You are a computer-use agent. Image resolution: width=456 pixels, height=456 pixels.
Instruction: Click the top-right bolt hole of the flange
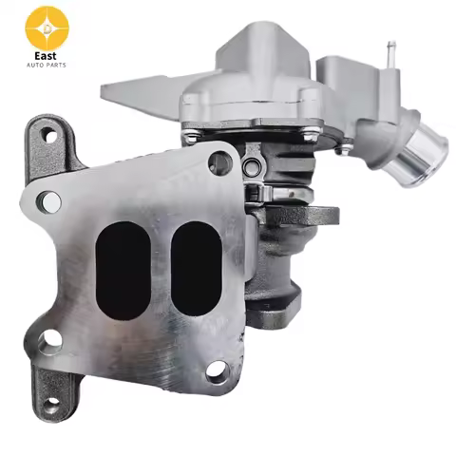pos(219,163)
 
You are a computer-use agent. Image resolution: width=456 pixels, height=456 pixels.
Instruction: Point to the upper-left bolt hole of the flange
pos(50,200)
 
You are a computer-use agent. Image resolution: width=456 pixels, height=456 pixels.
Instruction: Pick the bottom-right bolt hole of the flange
pos(218,370)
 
